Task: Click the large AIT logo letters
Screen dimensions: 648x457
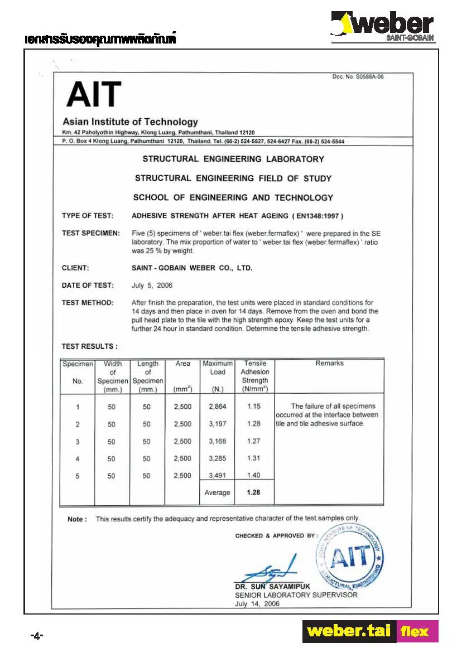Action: (93, 95)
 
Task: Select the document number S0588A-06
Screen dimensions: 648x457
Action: (358, 77)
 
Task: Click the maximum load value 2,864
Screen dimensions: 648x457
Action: (217, 407)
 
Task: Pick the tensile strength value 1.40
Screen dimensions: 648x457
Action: (253, 476)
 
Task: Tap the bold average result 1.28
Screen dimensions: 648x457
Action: (253, 492)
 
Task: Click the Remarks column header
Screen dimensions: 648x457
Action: (329, 363)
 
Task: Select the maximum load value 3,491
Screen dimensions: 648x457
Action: (217, 476)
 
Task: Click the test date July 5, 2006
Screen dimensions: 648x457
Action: (152, 286)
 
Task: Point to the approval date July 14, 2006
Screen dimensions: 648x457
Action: (257, 603)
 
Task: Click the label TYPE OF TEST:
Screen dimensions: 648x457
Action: (88, 216)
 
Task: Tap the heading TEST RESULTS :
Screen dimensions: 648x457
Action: (89, 346)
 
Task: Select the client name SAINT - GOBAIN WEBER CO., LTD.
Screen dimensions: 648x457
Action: (192, 268)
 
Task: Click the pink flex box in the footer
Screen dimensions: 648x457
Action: (417, 632)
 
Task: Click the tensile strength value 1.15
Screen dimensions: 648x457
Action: (253, 407)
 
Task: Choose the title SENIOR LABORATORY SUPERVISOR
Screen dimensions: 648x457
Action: (296, 595)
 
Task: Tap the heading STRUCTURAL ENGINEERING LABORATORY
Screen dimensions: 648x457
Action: (233, 159)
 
